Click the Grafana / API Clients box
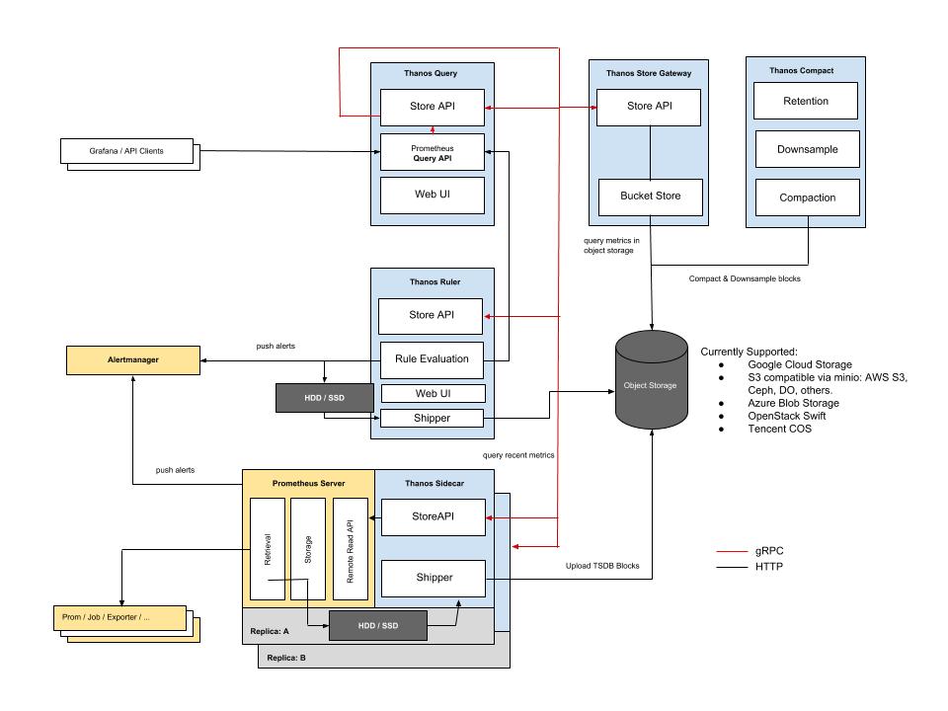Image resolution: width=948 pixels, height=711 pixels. [x=125, y=151]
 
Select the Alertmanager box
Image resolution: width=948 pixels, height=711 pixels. [x=132, y=360]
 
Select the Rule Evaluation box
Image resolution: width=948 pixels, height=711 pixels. [x=432, y=359]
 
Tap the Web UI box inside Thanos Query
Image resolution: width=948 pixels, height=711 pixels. [x=433, y=196]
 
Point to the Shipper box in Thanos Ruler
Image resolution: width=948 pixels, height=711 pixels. [x=432, y=418]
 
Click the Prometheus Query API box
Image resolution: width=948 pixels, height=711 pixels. [x=433, y=152]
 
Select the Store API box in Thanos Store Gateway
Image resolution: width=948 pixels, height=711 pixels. [x=650, y=107]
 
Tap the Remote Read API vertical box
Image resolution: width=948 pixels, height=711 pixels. [x=350, y=549]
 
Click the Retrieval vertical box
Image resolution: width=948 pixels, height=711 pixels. [x=267, y=549]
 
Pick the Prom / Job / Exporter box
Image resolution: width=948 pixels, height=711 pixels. [x=119, y=619]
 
